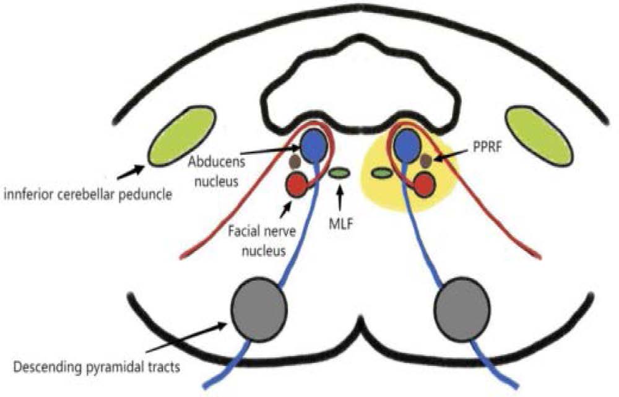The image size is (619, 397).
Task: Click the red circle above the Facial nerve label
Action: click(296, 183)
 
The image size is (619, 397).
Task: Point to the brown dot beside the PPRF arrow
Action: click(426, 161)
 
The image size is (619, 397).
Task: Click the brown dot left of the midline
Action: click(296, 162)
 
